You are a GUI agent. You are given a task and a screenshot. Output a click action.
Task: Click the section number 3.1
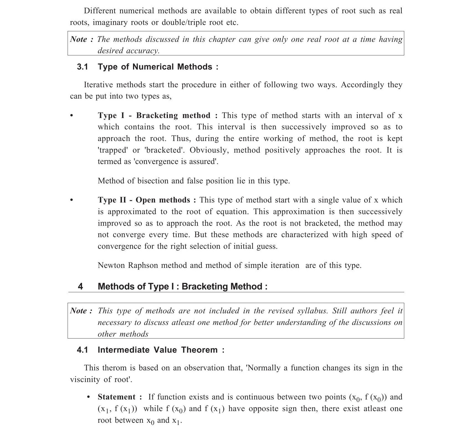point(82,67)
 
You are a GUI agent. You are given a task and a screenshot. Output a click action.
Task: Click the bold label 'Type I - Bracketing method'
point(154,115)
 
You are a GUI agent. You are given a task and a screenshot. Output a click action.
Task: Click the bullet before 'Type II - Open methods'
point(72,200)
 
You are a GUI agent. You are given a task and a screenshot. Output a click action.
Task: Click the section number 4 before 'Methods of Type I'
point(80,286)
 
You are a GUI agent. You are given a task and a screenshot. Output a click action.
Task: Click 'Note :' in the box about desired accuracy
point(81,39)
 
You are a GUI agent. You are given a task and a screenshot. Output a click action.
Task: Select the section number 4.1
point(82,350)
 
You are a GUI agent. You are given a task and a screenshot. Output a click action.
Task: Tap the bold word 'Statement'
point(117,397)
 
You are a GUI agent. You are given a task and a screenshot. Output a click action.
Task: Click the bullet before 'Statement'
point(88,397)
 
